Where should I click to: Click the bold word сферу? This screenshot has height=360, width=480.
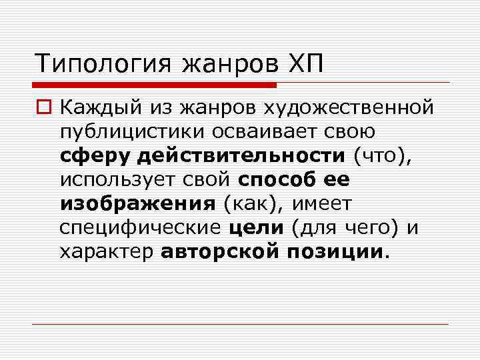tap(95, 156)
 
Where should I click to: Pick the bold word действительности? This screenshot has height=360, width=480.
tap(241, 156)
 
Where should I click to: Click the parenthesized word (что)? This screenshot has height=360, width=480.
tap(383, 156)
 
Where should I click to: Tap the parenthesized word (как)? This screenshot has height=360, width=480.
tap(251, 204)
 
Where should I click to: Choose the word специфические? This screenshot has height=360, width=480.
tap(140, 229)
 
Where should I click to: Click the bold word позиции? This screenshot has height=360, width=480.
tap(336, 253)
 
